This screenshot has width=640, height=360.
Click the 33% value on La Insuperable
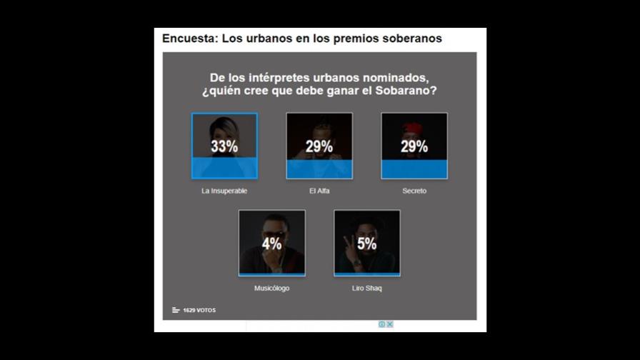224,147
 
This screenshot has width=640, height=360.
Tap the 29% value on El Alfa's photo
319,147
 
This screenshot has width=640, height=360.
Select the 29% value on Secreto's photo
414,147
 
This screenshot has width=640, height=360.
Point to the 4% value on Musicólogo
272,244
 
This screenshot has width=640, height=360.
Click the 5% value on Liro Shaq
367,244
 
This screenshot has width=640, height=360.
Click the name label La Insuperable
224,191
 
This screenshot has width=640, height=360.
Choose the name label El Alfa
319,191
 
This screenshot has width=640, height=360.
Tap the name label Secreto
414,191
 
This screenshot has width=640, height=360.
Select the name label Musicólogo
272,288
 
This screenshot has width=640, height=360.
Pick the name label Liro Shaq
367,288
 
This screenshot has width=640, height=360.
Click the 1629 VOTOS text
199,310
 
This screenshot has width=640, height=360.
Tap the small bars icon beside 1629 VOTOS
176,310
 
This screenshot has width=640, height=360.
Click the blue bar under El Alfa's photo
319,169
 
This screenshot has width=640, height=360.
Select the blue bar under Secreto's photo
414,169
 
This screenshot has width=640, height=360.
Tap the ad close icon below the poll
389,324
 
